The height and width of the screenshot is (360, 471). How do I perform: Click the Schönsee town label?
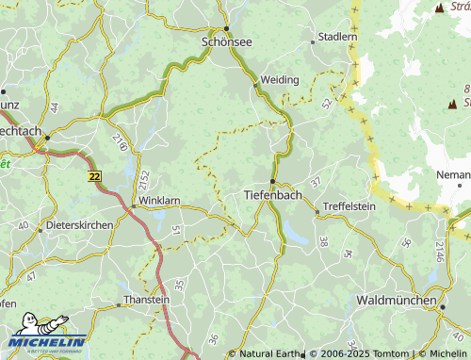226,42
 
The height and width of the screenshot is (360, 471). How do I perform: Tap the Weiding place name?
280,80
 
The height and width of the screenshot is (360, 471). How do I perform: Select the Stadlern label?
338,37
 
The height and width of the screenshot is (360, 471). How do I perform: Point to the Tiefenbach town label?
272,194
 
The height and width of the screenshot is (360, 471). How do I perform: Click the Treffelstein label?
349,206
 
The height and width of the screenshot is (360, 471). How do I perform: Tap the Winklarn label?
158,202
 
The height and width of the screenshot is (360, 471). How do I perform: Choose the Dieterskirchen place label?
79,226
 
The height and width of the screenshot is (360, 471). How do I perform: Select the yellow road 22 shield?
93,175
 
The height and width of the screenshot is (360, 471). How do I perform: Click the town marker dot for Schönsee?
227,28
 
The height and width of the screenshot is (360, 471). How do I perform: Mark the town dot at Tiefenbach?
272,181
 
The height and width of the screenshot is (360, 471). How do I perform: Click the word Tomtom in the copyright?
378,353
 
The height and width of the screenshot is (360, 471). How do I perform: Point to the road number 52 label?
326,103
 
